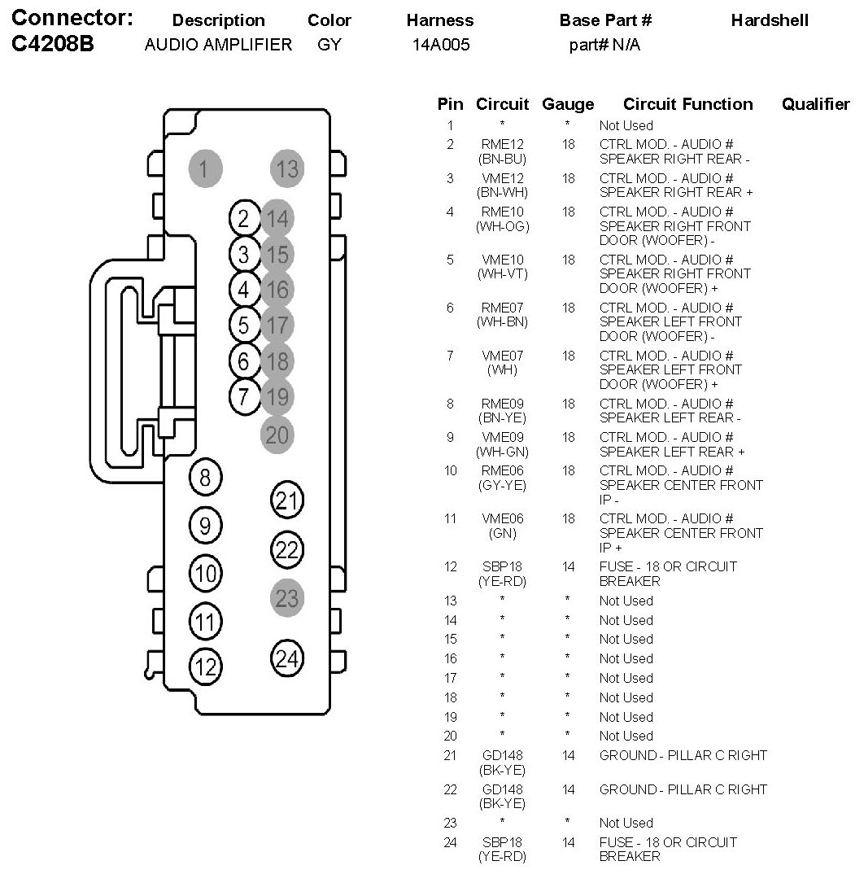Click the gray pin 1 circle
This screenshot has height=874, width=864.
coord(205,168)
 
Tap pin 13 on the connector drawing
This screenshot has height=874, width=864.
coord(286,168)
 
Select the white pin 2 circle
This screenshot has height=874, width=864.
coord(243,218)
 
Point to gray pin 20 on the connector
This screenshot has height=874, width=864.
coord(277,435)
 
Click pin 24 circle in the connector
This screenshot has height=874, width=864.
coord(286,658)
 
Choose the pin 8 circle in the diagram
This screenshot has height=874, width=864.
coord(205,478)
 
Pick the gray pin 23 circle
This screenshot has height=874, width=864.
coord(286,599)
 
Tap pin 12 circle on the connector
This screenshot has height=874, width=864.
coord(205,667)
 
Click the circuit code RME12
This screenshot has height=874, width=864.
coord(502,145)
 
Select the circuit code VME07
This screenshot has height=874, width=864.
coord(502,356)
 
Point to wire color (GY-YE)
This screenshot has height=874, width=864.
coord(502,485)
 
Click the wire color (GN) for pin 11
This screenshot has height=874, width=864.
coord(502,533)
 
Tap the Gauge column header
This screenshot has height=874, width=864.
coord(568,104)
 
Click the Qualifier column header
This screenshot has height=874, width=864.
coord(815,104)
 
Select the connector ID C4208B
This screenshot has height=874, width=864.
coord(54,45)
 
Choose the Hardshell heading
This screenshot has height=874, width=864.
coord(770,20)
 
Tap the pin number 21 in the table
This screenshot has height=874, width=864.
coord(450,756)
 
